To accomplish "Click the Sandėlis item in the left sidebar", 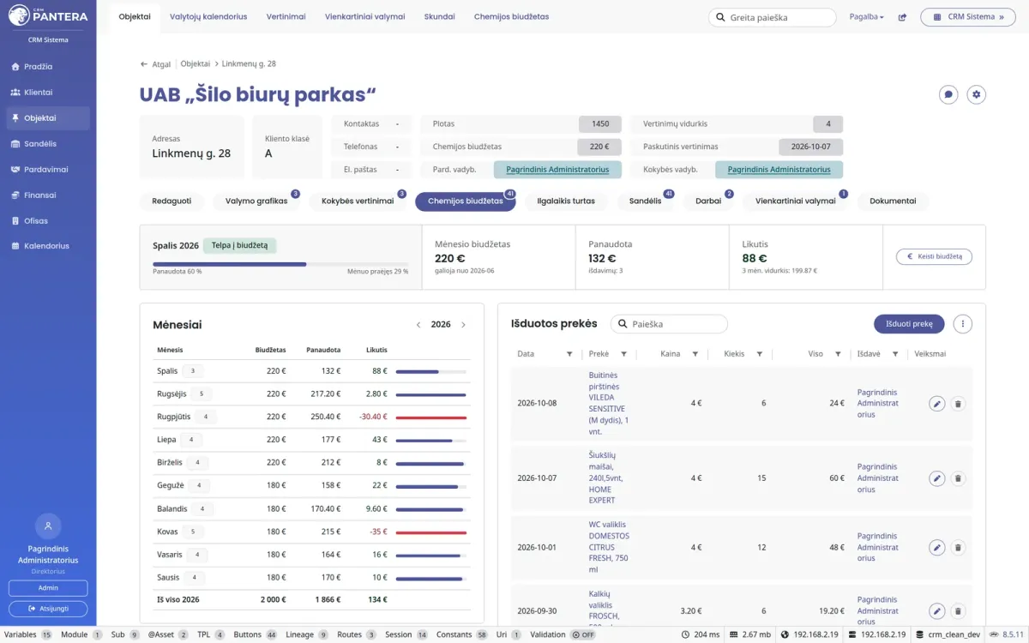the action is (x=40, y=144).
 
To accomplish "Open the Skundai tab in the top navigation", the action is (x=439, y=16).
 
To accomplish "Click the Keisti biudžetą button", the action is (x=934, y=256).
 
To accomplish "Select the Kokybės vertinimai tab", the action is (x=358, y=201).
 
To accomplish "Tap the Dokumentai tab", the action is (x=893, y=201).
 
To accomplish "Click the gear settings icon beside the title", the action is (x=976, y=94).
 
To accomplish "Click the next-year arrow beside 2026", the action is (x=464, y=325).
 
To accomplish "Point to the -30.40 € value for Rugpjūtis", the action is (x=373, y=417).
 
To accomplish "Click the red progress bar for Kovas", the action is (x=430, y=532).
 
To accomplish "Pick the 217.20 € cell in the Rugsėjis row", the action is (x=325, y=394).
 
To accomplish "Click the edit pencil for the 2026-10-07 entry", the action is (x=936, y=478).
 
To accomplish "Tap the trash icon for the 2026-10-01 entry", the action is (x=958, y=548).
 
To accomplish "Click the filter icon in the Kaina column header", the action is (x=695, y=354).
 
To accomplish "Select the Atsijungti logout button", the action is (x=48, y=609).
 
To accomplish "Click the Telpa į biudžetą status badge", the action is (x=239, y=245).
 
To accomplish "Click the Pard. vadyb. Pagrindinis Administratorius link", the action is (x=557, y=170).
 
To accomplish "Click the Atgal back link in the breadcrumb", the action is (x=156, y=64).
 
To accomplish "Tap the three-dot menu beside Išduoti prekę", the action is (x=962, y=324).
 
